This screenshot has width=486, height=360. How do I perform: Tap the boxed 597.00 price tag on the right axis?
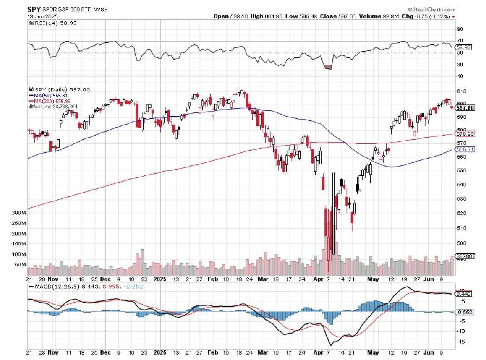click(466, 108)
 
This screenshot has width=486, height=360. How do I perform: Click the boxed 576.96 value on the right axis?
click(466, 134)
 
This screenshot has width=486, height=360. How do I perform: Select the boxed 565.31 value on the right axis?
click(466, 149)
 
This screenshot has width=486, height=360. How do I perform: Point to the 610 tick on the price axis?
click(462, 91)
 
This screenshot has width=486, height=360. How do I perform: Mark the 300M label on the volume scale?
click(19, 213)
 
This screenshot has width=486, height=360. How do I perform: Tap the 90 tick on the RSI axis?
click(460, 29)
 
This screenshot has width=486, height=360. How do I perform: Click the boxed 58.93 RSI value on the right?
click(465, 47)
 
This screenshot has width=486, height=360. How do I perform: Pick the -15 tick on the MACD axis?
click(461, 342)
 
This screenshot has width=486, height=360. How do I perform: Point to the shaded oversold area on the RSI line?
click(328, 67)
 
